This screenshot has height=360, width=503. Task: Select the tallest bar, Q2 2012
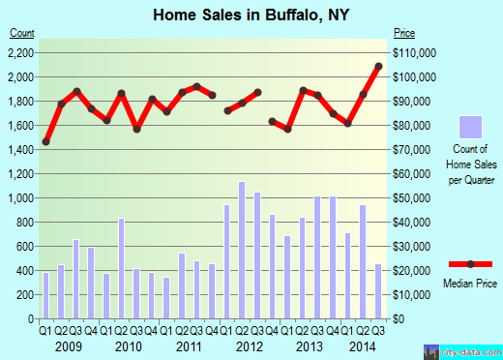[x=242, y=251]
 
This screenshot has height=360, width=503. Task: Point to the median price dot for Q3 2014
[x=378, y=67]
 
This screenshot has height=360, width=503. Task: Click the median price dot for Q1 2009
[x=45, y=141]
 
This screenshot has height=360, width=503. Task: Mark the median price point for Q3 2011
[x=196, y=86]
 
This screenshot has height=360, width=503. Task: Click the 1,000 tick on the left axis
[x=22, y=197]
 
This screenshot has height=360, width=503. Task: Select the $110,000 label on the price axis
[x=415, y=52]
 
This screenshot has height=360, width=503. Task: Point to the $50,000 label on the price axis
[x=413, y=197]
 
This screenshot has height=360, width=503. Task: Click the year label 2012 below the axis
[x=250, y=346]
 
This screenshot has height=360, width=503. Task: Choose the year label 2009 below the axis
[x=68, y=346]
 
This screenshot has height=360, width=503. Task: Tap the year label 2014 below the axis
[x=364, y=346]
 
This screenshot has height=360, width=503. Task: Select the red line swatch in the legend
[x=471, y=264]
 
